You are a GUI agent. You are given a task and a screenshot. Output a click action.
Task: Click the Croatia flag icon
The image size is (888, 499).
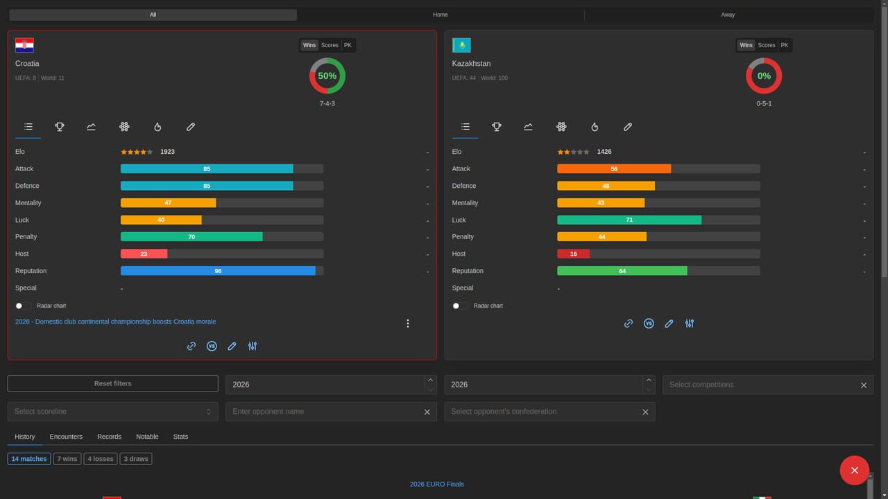[x=24, y=45]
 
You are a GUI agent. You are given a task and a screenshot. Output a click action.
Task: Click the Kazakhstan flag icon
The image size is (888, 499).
[x=461, y=45]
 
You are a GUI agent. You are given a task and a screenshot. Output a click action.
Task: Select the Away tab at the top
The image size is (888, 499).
[x=728, y=15]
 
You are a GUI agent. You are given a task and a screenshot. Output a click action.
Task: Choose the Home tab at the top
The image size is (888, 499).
[x=440, y=15]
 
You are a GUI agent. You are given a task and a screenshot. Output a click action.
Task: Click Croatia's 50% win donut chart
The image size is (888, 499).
[x=327, y=76]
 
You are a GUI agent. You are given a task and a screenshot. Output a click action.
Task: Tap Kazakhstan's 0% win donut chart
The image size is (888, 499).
[x=764, y=76]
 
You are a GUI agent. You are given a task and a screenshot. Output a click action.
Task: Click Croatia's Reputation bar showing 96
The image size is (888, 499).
[x=218, y=271]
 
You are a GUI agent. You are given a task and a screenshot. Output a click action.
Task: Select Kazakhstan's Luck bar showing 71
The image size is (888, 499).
[x=629, y=220]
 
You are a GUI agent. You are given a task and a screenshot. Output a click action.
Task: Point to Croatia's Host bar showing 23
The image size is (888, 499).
[x=144, y=254]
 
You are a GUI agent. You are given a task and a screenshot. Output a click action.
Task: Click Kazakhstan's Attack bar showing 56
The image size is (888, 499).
[x=614, y=168]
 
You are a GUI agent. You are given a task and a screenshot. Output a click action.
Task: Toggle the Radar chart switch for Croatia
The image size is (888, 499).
[x=23, y=306]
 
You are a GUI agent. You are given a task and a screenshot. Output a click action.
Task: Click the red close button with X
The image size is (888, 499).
[x=854, y=470]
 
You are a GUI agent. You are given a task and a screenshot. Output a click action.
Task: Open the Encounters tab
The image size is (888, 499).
[x=66, y=437]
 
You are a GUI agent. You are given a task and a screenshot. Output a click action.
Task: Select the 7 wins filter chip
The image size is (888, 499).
[x=67, y=459]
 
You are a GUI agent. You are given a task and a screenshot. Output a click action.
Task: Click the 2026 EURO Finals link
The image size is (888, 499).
[x=436, y=484]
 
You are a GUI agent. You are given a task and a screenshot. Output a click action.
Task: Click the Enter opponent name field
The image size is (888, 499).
[x=326, y=412]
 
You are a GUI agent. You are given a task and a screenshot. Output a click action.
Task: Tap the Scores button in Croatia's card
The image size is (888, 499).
[x=330, y=45]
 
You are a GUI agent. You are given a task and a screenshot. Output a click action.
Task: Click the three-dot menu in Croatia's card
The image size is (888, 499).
[x=408, y=324]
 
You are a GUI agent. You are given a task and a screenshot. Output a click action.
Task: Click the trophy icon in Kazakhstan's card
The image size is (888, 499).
[x=497, y=127]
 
